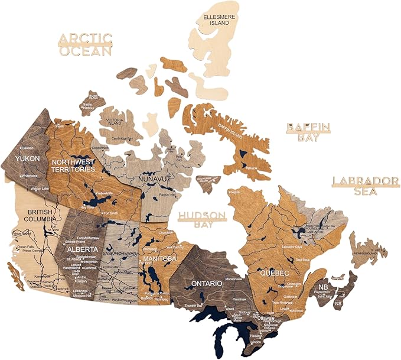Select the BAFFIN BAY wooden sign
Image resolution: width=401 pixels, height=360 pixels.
point(308,132)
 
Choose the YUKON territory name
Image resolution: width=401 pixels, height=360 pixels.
point(27,159)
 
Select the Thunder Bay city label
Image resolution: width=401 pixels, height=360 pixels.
point(193,305)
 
